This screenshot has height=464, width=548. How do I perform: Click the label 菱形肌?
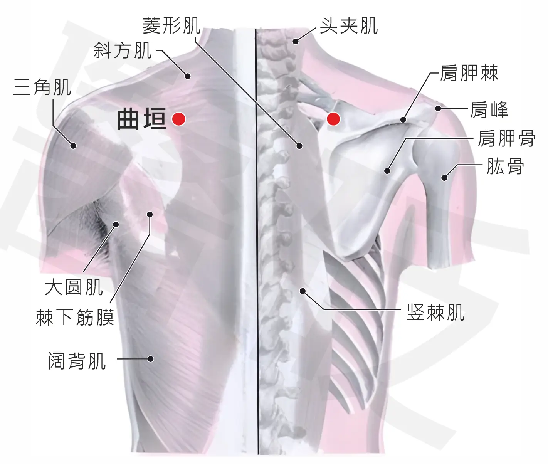171,26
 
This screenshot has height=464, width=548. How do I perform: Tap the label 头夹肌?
349,26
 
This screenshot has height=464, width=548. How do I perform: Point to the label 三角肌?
42,87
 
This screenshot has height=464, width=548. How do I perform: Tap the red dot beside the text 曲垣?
179,119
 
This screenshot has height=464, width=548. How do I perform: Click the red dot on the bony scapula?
333,119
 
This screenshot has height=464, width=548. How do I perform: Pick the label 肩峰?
489,109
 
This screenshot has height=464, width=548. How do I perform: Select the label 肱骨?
505,166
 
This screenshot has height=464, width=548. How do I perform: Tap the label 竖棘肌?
435,312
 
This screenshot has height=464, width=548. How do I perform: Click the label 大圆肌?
74,287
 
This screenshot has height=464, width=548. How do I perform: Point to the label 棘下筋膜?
75,317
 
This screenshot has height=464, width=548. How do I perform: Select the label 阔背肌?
77,361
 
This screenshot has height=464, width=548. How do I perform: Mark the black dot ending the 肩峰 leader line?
438,108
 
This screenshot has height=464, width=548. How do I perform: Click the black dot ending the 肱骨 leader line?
444,178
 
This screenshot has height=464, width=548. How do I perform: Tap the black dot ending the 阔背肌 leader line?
151,359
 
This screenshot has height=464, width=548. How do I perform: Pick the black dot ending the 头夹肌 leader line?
296,41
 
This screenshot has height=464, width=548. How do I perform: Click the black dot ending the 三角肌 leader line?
74,145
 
